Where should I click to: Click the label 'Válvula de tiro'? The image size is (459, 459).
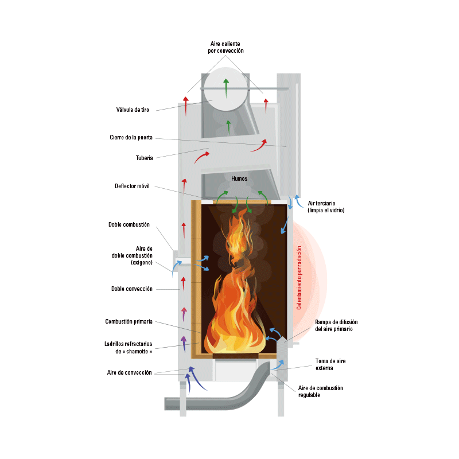point(133,110)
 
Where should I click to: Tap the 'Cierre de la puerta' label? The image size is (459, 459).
point(131,137)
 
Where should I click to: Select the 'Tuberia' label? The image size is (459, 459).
point(145,158)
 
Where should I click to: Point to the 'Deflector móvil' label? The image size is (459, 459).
point(132,186)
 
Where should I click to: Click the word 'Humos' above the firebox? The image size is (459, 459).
point(239,178)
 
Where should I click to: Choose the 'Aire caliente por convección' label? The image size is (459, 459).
point(225,47)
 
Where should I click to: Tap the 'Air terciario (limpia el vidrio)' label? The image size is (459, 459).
point(326,207)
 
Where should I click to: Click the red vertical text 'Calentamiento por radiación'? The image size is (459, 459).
point(299,278)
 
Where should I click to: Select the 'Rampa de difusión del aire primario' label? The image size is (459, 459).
point(336,325)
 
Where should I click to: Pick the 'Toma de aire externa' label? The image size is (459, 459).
point(330,364)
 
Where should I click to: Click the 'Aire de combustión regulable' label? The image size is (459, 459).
point(320,391)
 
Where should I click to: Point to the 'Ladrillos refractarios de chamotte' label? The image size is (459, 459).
point(128,348)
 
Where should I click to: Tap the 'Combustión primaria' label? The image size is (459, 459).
point(129,321)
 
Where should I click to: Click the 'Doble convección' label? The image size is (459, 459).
point(132,289)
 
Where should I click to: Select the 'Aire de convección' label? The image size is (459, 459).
point(130,372)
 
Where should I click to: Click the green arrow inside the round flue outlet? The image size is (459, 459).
point(225,88)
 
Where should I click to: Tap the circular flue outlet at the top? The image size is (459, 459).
point(225,89)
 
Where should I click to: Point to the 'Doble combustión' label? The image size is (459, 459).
point(129,224)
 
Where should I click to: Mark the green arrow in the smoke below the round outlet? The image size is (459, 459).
point(228,127)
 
